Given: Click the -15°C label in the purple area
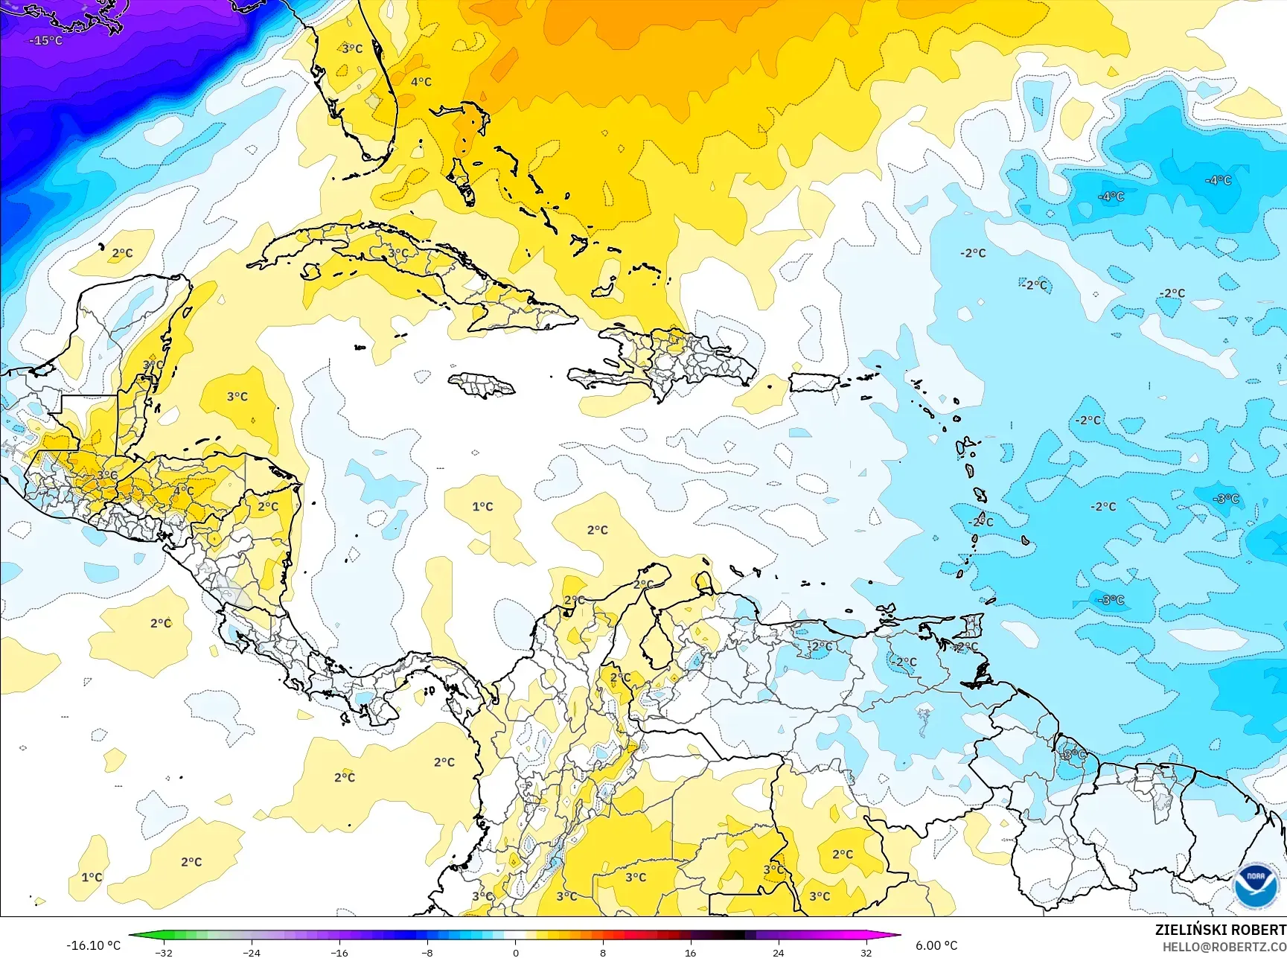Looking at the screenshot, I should pos(45,40).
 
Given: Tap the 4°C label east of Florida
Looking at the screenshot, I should pos(421,82).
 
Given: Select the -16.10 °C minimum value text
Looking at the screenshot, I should pos(93,945).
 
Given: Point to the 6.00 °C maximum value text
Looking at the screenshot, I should pos(936,945).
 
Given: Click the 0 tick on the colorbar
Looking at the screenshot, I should pos(515,952).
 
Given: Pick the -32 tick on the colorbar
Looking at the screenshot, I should pos(164,952).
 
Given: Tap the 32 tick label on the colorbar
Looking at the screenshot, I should pos(866,952).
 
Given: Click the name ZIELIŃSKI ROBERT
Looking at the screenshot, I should pos(1220,930).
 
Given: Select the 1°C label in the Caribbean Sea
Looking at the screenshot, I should pos(482,507).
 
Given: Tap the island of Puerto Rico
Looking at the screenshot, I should pos(814,383).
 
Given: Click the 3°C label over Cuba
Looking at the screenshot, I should pos(398,253).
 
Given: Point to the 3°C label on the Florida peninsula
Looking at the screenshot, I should pos(352,48).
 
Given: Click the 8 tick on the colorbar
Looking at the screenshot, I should pos(603,952).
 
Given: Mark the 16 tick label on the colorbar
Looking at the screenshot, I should pos(690,952).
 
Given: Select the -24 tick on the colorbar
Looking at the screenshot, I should pos(252,952).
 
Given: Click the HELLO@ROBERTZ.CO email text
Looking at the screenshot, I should pos(1224,946).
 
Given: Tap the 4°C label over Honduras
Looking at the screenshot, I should pos(183,491).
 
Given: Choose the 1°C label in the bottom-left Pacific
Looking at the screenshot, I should pos(92,878).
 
